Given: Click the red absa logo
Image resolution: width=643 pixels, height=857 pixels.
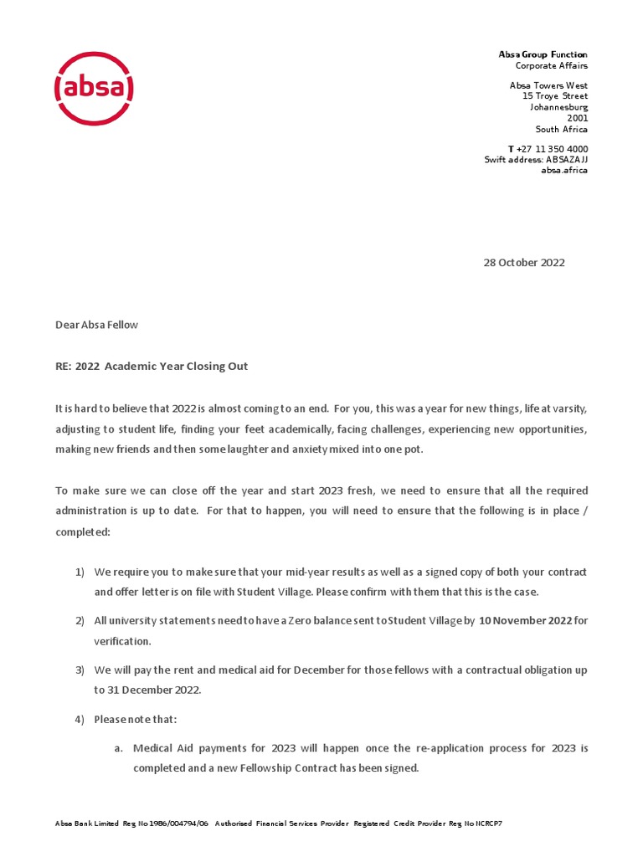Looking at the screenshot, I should click(x=94, y=88).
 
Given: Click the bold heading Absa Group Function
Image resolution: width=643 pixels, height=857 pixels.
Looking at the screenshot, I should click(x=543, y=54).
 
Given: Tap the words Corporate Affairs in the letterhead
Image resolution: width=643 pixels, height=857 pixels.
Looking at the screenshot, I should click(x=551, y=65).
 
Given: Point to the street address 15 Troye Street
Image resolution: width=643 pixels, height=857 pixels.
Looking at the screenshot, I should click(x=554, y=96).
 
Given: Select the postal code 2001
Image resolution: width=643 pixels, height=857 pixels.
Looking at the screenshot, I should click(x=578, y=118).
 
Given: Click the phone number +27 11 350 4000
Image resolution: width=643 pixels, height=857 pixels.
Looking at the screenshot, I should click(x=552, y=149).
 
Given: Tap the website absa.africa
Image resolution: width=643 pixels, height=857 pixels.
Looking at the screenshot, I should click(x=564, y=170).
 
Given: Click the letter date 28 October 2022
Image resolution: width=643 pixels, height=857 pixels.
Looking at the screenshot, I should click(x=524, y=263).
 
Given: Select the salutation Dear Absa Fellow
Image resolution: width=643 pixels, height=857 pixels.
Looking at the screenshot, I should click(x=96, y=325).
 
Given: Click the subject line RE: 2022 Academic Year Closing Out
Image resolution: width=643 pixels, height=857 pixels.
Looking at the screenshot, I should click(x=152, y=367).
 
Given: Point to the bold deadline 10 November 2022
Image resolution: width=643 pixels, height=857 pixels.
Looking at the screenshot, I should click(x=526, y=621).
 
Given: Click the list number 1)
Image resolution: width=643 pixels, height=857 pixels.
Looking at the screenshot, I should click(x=80, y=572).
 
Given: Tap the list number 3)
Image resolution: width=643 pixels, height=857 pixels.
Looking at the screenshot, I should click(x=80, y=670).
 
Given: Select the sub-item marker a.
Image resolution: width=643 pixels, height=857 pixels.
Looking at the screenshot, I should click(x=119, y=747).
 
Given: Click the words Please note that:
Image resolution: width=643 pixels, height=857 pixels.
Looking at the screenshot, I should click(x=136, y=719).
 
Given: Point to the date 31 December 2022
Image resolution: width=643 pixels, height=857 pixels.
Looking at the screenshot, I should click(x=147, y=690).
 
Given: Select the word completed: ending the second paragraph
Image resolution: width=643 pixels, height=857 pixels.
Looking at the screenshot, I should click(x=82, y=531).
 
